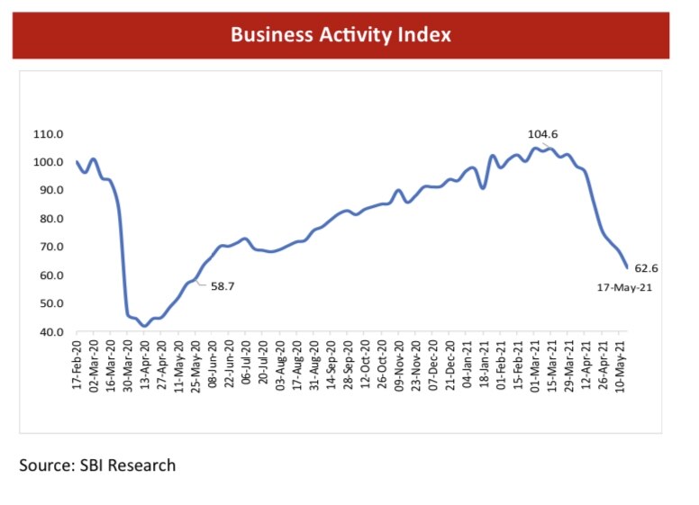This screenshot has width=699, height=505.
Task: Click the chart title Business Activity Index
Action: tap(340, 35)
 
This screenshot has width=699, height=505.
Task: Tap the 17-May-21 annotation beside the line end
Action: tap(623, 288)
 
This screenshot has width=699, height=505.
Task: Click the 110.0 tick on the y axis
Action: tap(47, 134)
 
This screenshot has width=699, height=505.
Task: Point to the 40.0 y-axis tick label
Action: tap(49, 332)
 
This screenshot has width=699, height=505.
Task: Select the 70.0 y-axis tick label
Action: tap(49, 247)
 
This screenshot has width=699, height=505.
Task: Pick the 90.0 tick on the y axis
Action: tap(49, 191)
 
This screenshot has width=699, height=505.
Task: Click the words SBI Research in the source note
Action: tap(132, 465)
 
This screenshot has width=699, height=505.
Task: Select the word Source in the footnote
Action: tap(47, 465)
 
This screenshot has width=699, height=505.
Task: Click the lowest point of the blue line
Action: tap(144, 326)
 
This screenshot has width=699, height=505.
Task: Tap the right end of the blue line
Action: tap(627, 267)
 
